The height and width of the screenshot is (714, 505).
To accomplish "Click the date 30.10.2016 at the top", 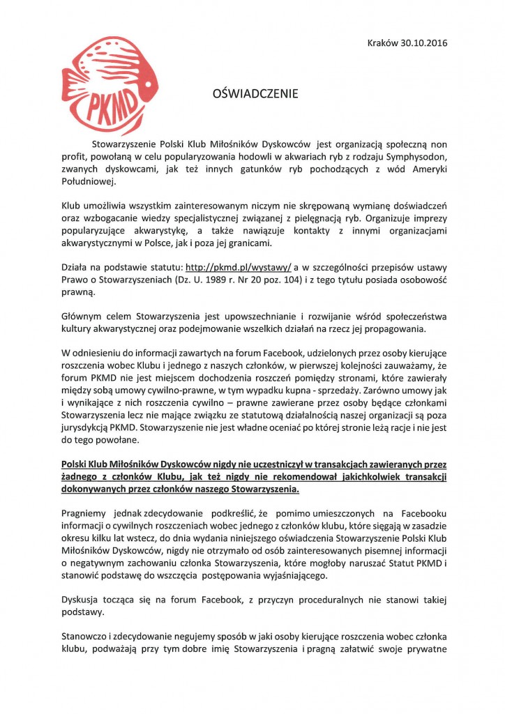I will (425, 43).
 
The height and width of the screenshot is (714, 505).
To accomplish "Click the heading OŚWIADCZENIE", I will (255, 93).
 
